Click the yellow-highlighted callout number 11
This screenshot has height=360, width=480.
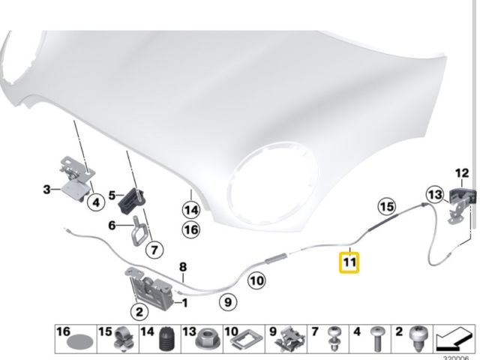click(349, 262)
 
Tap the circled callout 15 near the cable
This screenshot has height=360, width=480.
click(387, 206)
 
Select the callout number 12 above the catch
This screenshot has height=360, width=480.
click(462, 173)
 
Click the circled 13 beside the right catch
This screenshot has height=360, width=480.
click(436, 195)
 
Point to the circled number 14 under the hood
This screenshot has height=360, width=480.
click(191, 210)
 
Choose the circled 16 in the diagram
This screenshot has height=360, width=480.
click(191, 229)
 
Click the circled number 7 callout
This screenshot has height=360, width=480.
click(154, 250)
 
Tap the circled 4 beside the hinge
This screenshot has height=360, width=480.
click(96, 202)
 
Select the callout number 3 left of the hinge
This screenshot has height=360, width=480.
click(46, 190)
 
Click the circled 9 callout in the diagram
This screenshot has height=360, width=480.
click(228, 302)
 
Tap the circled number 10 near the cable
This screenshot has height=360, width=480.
click(256, 280)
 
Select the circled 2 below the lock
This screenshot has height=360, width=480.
click(139, 312)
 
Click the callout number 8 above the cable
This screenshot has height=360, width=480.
click(183, 267)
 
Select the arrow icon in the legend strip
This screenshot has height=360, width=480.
click(452, 339)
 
